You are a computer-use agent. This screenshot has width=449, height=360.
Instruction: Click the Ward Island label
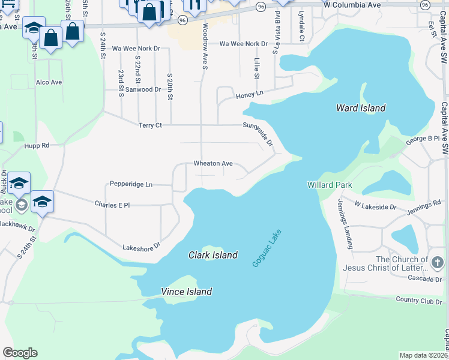tap(360, 108)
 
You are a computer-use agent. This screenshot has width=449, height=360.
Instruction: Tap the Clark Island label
tap(213, 254)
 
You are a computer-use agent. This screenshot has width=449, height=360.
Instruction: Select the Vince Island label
tap(186, 292)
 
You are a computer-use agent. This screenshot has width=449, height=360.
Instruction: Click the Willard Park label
tap(329, 185)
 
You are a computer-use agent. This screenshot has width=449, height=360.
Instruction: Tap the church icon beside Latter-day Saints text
tap(438, 262)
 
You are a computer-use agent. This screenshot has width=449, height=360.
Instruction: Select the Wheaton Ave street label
tap(212, 163)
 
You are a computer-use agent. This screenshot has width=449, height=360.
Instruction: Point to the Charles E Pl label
tap(112, 205)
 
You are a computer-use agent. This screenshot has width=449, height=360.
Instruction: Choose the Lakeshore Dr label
tap(142, 246)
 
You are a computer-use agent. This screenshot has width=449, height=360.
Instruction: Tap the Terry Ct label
tap(150, 125)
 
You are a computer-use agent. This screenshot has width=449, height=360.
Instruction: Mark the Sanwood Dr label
tap(143, 89)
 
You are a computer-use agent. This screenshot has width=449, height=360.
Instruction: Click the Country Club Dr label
tap(418, 299)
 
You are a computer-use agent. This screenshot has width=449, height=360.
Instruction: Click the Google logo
tap(20, 353)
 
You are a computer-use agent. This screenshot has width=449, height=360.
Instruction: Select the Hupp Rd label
tap(37, 146)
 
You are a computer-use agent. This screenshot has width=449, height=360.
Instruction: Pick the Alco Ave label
tap(49, 82)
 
